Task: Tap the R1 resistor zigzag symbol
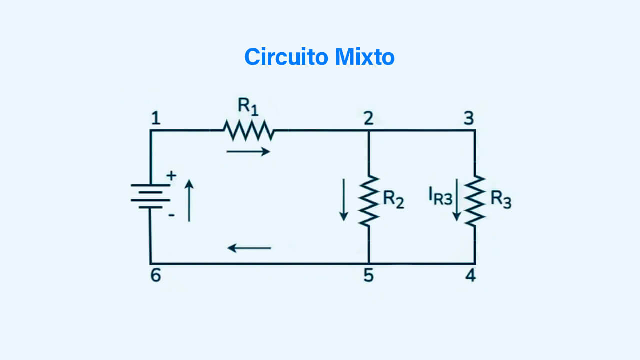pos(248,130)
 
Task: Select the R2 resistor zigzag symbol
pos(368,200)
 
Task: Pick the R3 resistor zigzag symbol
pos(475,200)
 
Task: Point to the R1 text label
pos(248,106)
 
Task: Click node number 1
pos(156,119)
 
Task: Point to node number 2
pos(368,119)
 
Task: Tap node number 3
pos(468,119)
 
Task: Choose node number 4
pos(470,276)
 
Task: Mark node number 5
pos(368,276)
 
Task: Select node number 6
pos(156,276)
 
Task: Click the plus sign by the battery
pos(171,176)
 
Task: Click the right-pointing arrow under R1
pos(248,151)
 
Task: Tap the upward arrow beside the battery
pos(189,200)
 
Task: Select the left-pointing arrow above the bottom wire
pos(249,247)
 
